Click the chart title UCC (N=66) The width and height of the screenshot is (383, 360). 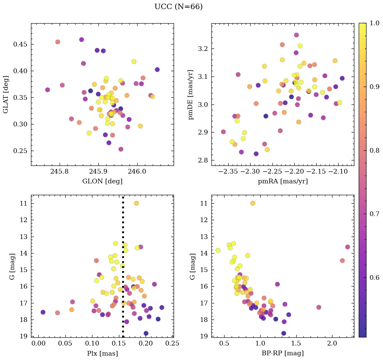click(x=178, y=7)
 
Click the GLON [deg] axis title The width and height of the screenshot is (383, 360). click(x=102, y=181)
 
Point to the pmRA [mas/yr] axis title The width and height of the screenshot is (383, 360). click(x=283, y=181)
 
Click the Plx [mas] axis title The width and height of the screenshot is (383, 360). click(x=102, y=353)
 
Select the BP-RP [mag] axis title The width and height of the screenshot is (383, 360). click(x=283, y=353)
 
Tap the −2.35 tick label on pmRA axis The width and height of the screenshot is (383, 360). click(x=228, y=171)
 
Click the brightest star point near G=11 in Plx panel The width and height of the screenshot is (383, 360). click(x=136, y=203)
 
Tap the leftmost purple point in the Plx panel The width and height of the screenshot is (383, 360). click(x=43, y=312)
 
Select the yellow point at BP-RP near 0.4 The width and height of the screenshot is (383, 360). click(x=218, y=250)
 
